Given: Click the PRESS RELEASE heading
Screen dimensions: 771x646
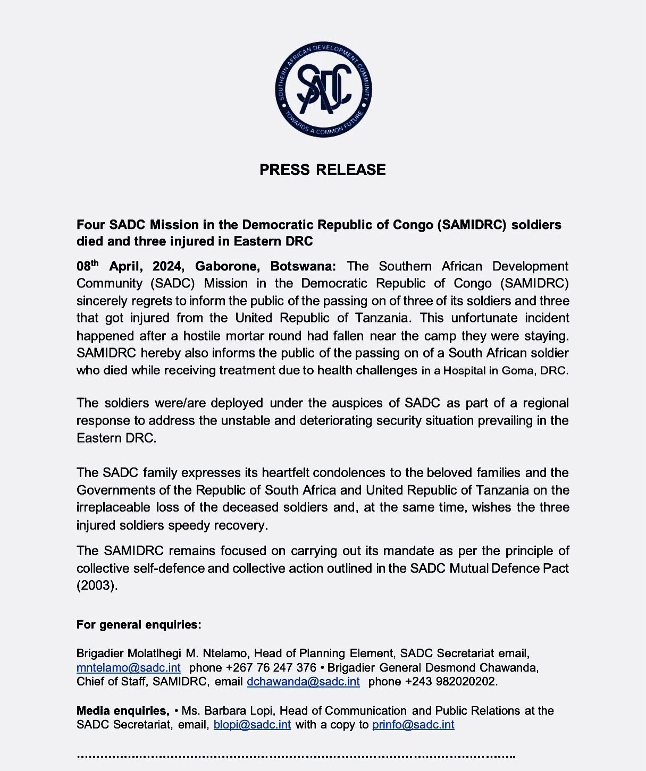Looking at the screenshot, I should click(323, 170).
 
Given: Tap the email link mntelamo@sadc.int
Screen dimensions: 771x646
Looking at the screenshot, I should click(129, 667).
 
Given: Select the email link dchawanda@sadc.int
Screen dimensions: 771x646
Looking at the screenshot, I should click(304, 682).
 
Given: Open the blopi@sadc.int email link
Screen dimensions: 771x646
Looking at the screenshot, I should click(252, 725).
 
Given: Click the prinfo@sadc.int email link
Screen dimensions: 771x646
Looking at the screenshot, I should click(413, 725).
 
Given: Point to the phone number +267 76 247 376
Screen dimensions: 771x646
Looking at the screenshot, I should click(271, 667).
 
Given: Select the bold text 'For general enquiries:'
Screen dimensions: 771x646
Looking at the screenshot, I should click(139, 625).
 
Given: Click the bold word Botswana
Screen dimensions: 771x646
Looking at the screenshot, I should click(303, 266).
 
